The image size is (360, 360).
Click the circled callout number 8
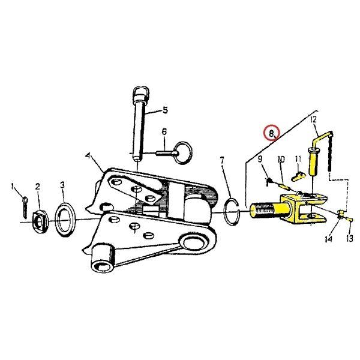[271, 133]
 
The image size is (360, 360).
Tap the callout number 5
[165, 110]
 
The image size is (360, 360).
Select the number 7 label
[222, 160]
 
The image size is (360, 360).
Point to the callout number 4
[88, 156]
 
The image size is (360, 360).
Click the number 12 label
[313, 119]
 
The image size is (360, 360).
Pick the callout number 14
[329, 239]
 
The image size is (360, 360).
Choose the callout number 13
[349, 239]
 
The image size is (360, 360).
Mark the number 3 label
[62, 185]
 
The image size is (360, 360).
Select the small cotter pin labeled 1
[25, 208]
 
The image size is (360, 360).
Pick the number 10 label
[281, 159]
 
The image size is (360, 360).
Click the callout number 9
[260, 159]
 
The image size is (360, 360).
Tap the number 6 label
[164, 131]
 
